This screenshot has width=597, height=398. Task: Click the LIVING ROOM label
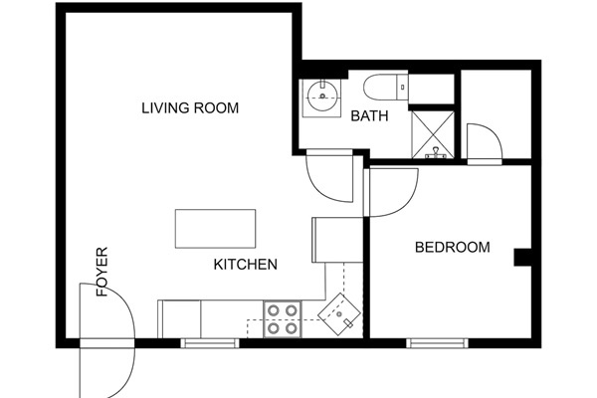point(189,107)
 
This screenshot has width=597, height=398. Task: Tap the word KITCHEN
point(245,265)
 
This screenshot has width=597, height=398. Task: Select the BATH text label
point(368,116)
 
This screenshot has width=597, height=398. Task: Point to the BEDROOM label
point(452,247)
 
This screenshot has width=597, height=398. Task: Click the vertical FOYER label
point(101,272)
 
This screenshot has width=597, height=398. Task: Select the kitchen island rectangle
point(215,229)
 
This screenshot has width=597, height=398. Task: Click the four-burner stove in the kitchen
point(282,317)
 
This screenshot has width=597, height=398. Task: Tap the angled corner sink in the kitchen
point(341,314)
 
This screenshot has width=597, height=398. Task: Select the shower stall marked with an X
point(433,132)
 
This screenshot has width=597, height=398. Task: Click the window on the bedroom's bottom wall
point(437,343)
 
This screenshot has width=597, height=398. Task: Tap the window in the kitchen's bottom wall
point(210,343)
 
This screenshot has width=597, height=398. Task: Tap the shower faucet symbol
point(435,153)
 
